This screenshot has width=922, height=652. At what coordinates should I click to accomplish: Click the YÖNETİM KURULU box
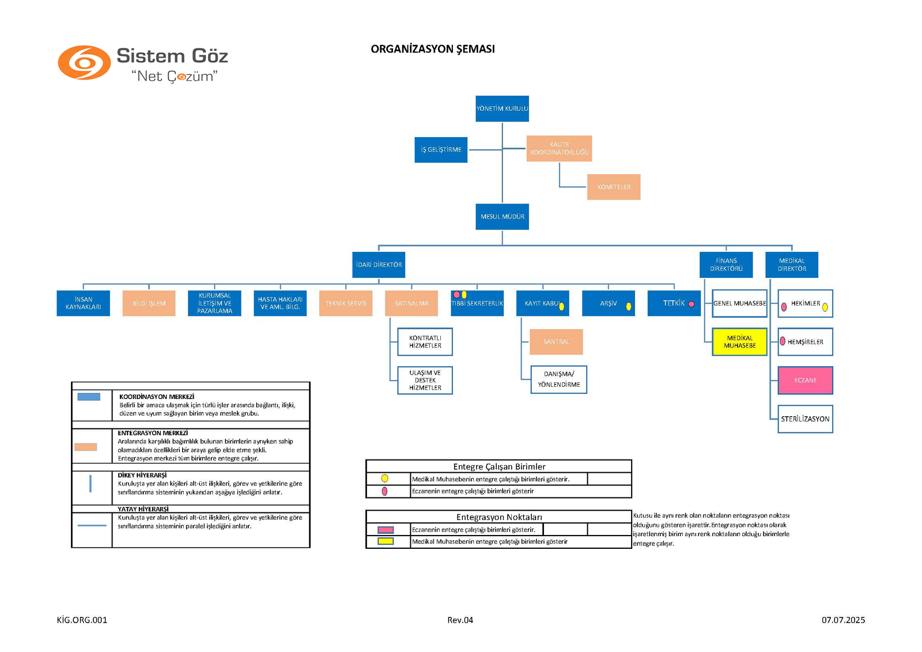[x=502, y=108]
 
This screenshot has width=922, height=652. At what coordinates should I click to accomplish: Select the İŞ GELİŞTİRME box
[x=441, y=150]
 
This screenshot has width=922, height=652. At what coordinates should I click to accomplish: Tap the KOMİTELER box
[x=614, y=187]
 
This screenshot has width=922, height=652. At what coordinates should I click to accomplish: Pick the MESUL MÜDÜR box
[x=502, y=217]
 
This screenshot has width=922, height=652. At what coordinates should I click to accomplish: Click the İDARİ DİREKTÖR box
[x=379, y=265]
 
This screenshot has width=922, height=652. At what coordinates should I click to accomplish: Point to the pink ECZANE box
[x=805, y=380]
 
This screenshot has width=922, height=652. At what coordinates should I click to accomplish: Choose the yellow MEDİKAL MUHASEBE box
[x=739, y=342]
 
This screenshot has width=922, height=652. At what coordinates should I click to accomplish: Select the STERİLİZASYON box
[x=805, y=419]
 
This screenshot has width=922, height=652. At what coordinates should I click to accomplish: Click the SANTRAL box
[x=556, y=342]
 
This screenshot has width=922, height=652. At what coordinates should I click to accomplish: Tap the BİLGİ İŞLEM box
[x=149, y=303]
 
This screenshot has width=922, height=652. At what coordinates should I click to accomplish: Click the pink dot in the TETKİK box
[x=691, y=304]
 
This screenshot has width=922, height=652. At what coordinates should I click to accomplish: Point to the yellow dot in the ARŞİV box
[x=629, y=306]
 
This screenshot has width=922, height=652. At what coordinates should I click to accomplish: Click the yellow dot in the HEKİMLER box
[x=825, y=307]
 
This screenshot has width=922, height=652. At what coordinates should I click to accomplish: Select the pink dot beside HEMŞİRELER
[x=783, y=341]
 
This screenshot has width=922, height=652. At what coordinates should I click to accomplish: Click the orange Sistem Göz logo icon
[x=84, y=63]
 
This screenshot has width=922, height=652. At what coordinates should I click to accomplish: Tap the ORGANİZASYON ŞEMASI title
[x=433, y=49]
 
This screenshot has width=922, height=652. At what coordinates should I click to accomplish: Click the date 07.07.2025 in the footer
[x=843, y=620]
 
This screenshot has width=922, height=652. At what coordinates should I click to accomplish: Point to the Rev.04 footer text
[x=460, y=620]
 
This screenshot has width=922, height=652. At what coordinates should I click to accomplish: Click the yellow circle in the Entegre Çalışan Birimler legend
[x=384, y=478]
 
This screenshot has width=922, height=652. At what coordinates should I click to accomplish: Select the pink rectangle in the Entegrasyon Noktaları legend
[x=385, y=530]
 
